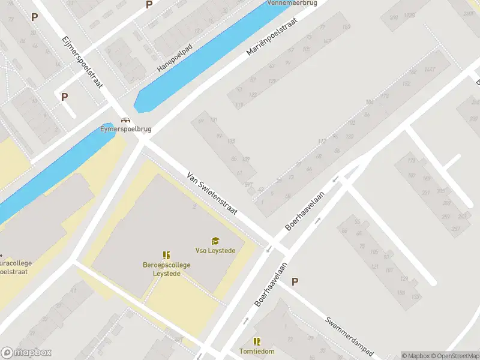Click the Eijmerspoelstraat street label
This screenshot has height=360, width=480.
tap(82, 63)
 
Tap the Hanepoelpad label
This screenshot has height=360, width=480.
tap(175, 58)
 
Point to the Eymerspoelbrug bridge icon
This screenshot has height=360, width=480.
tap(125, 120)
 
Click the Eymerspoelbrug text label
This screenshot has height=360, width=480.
tap(125, 128)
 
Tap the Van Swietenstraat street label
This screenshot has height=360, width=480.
tap(212, 194)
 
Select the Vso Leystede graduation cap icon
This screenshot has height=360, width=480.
tap(215, 241)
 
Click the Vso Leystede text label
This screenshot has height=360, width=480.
tap(215, 250)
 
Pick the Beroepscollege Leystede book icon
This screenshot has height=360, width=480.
tap(167, 255)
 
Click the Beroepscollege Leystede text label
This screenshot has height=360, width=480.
tap(167, 268)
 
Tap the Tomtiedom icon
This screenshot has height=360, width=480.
tap(257, 341)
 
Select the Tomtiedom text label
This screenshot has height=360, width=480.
tap(257, 351)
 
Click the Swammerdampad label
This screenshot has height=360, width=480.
tap(350, 337)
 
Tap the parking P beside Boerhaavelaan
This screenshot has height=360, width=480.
tap(295, 281)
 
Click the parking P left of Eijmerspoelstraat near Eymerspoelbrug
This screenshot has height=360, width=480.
tap(64, 96)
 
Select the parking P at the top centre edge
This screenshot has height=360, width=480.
tap(149, 5)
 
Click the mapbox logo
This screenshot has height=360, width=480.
tap(26, 353)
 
